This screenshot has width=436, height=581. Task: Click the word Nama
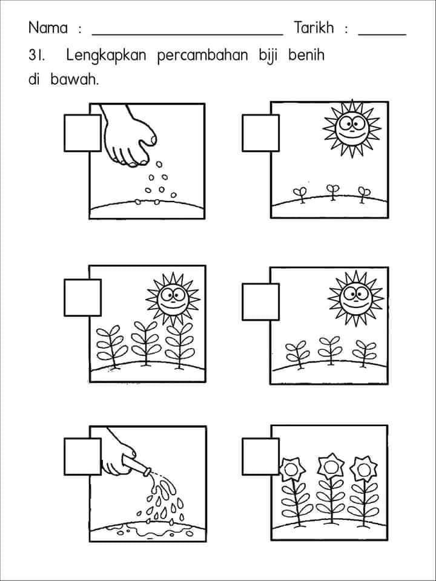[48, 28]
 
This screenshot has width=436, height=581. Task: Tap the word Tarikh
[314, 28]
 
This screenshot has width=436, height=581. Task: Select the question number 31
[36, 56]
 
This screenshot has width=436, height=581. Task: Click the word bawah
[74, 79]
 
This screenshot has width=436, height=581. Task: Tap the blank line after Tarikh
[382, 35]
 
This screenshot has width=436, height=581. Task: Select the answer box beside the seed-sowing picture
[83, 133]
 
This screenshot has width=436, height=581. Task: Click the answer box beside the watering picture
[83, 456]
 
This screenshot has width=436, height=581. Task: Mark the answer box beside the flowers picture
[260, 456]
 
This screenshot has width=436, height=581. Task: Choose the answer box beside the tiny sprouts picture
[260, 133]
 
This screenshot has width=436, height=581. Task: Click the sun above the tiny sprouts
[352, 128]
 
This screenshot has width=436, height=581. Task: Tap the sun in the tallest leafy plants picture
[173, 299]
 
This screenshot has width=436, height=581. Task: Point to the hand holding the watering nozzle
[119, 453]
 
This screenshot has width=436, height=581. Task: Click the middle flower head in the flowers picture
[331, 467]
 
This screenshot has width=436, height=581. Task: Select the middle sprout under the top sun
[332, 192]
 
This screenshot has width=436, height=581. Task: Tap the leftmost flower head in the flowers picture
[292, 469]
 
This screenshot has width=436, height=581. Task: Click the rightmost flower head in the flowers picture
[364, 468]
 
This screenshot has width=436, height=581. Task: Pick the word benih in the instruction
[306, 56]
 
